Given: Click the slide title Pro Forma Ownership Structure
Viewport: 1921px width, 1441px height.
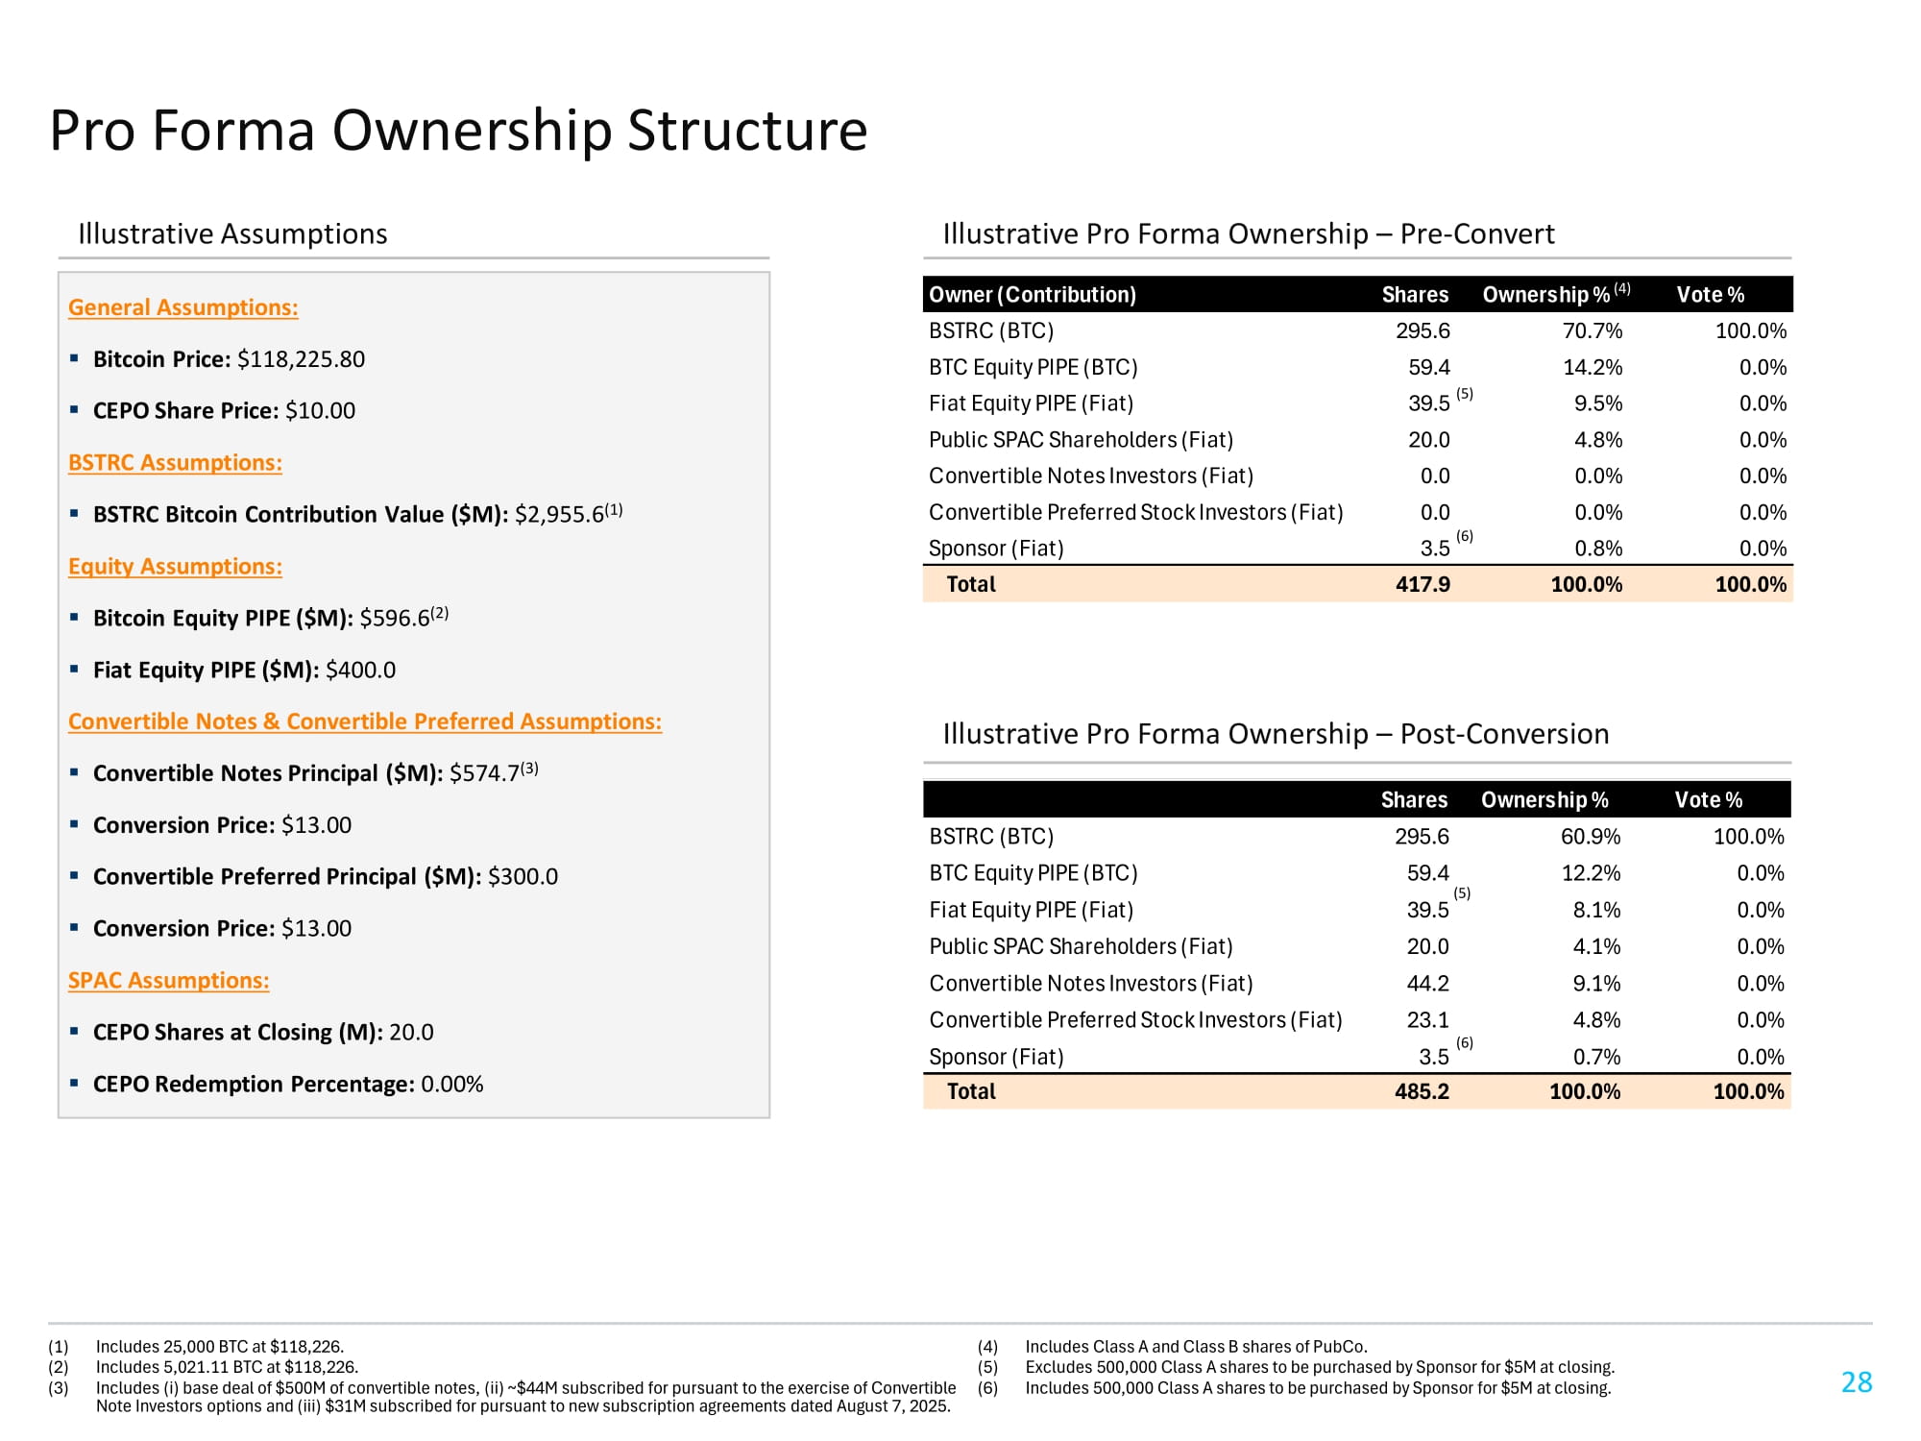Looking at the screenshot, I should coord(458,131).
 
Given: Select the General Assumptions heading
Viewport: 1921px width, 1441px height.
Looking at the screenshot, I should coord(182,307).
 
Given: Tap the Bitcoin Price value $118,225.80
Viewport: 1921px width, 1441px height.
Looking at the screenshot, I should coord(301,359).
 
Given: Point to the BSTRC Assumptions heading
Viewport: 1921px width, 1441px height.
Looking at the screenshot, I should coord(175,463).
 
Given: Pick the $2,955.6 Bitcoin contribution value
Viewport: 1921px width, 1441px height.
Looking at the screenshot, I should coord(559,515).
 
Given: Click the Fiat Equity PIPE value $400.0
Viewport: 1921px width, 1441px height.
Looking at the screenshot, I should coord(360,671).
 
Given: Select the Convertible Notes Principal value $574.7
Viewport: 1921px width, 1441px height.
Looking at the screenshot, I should coord(484,774).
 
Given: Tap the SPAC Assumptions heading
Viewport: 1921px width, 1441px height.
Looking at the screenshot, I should coord(168,981).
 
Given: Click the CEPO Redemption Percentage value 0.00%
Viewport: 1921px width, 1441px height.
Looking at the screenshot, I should coord(451,1085).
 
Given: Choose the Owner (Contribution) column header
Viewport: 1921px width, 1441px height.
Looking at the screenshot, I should coord(1033,295).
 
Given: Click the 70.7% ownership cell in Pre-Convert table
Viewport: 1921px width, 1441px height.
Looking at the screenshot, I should coord(1592,331).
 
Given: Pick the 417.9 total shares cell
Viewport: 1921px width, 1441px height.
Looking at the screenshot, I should coord(1423,584).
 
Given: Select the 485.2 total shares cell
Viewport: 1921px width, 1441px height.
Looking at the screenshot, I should coord(1422,1091).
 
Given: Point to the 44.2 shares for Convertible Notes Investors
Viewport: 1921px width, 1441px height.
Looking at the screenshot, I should coord(1427,984).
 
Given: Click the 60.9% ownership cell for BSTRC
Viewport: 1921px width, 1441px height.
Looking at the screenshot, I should coord(1590,837).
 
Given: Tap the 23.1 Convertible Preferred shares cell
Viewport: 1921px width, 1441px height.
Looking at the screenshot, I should coord(1427,1020).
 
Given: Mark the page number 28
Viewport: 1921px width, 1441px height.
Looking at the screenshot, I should coord(1857,1382).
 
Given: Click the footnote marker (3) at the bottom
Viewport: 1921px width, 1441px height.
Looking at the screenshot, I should coord(59,1388).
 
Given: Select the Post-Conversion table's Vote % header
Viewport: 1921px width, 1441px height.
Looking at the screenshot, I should coord(1708,800).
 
